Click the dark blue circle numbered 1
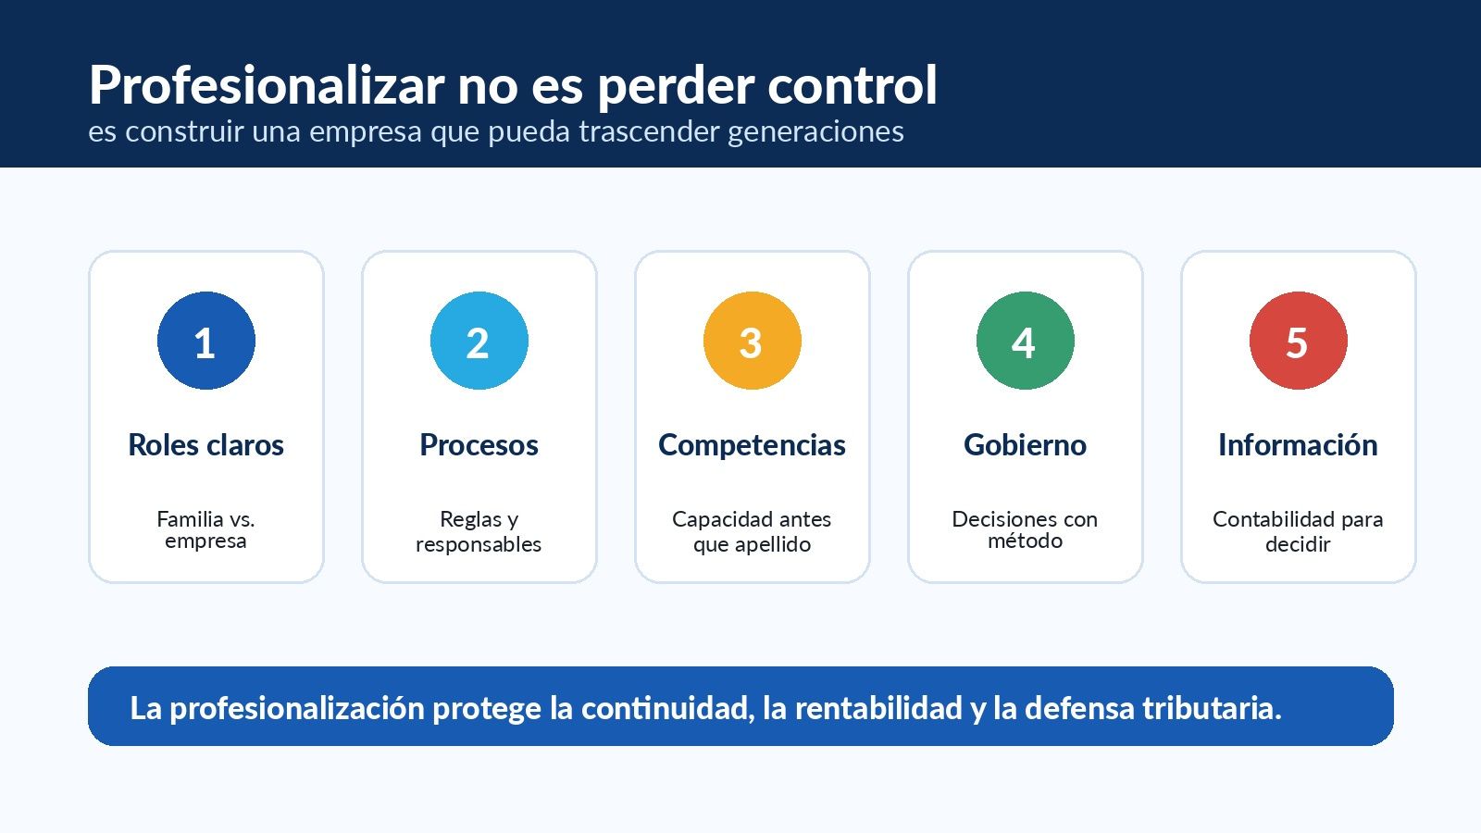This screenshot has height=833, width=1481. pyautogui.click(x=206, y=341)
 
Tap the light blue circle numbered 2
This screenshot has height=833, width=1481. pyautogui.click(x=479, y=341)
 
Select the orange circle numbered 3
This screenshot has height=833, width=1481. pyautogui.click(x=753, y=341)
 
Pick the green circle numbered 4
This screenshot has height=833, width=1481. pyautogui.click(x=1026, y=341)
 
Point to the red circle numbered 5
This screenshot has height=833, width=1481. pyautogui.click(x=1299, y=341)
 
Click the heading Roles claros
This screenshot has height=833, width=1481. pyautogui.click(x=206, y=445)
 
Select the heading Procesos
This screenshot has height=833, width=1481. pyautogui.click(x=479, y=445)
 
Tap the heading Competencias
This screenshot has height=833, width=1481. pyautogui.click(x=752, y=445)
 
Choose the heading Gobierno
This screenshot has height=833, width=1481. pyautogui.click(x=1026, y=445)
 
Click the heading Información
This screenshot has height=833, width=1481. pyautogui.click(x=1299, y=445)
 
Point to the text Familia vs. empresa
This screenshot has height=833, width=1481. pyautogui.click(x=205, y=530)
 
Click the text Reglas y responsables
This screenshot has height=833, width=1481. pyautogui.click(x=479, y=531)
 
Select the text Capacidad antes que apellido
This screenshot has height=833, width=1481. pyautogui.click(x=752, y=531)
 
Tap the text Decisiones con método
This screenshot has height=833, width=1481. pyautogui.click(x=1025, y=530)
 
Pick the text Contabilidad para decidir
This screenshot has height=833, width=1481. pyautogui.click(x=1298, y=531)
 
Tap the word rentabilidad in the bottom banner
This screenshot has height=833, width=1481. pyautogui.click(x=878, y=708)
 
